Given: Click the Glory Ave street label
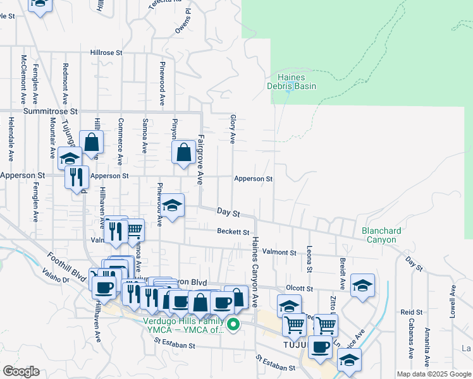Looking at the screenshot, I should pyautogui.click(x=233, y=129).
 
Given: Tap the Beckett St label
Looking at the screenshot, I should pyautogui.click(x=233, y=232).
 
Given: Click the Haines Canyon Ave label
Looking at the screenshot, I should pyautogui.click(x=255, y=272).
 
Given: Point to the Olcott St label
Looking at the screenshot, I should pyautogui.click(x=300, y=288).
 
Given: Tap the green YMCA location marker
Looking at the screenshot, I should pyautogui.click(x=233, y=325).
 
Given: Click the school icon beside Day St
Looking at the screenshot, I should pyautogui.click(x=172, y=205).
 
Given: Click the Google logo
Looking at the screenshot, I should pyautogui.click(x=21, y=371).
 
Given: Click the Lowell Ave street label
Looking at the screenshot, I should pyautogui.click(x=453, y=299).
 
